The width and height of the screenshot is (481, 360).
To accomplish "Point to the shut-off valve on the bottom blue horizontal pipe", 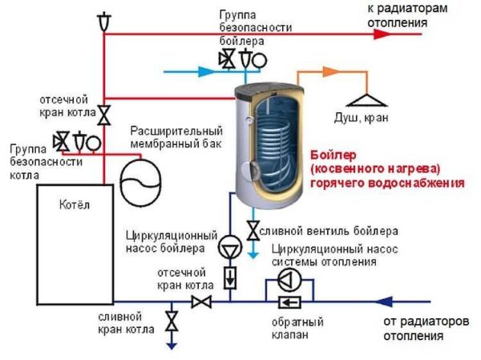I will click(200, 301).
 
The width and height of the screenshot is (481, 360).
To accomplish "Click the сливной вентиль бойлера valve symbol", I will click(253, 231).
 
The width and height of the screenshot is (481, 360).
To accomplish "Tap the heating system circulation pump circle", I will click(289, 278).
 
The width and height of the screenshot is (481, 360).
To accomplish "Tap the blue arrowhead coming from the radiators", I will click(385, 301).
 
